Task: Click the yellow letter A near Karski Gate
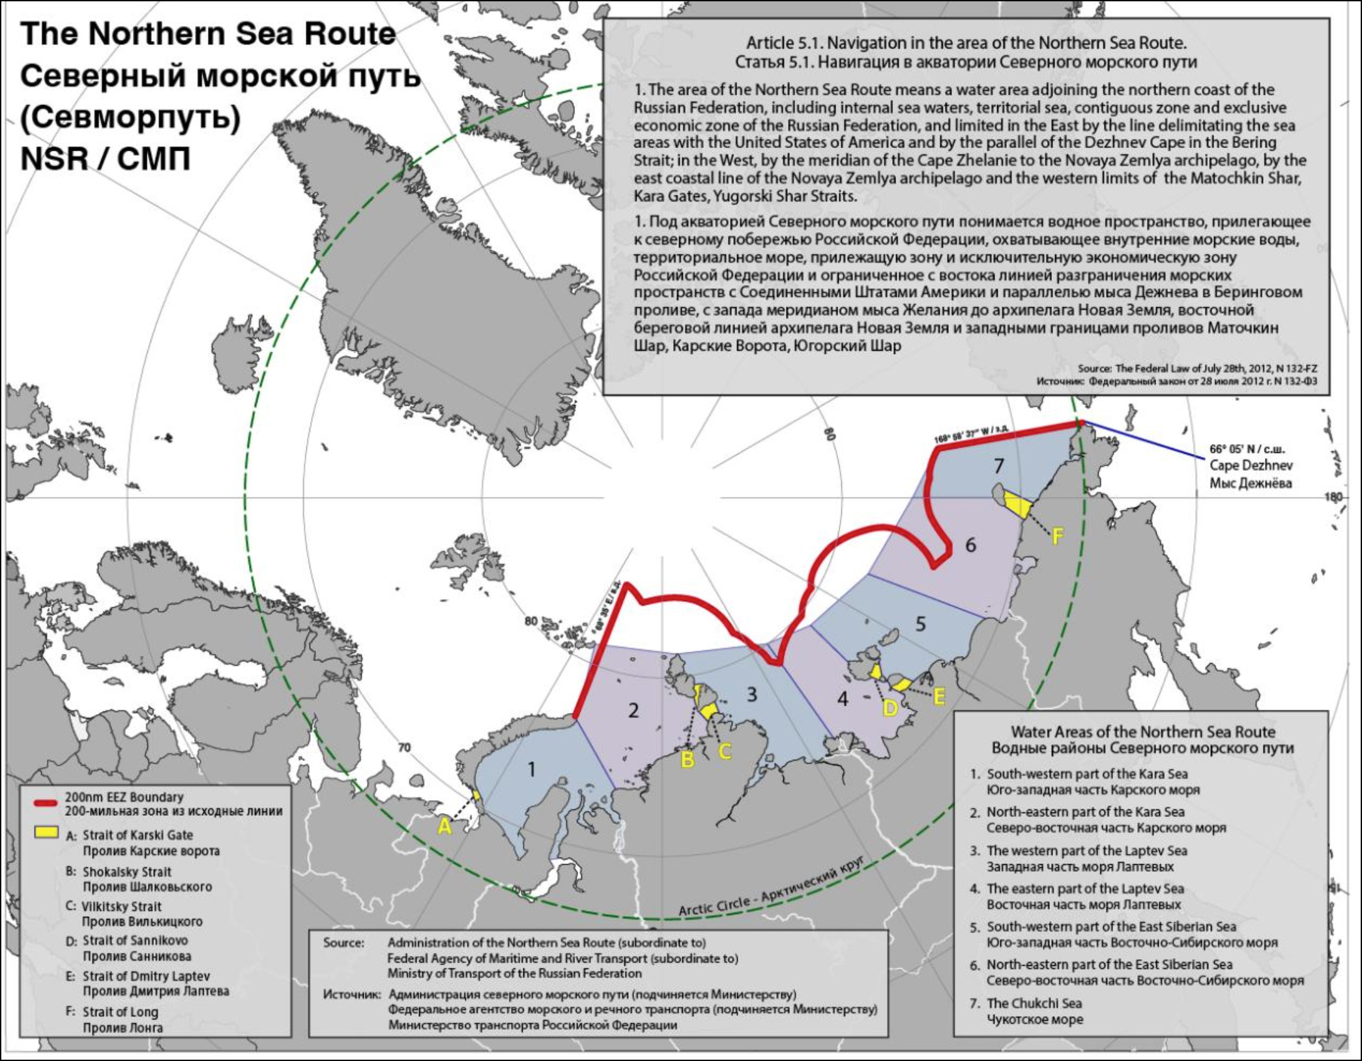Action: pyautogui.click(x=444, y=826)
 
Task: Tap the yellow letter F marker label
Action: pyautogui.click(x=1058, y=536)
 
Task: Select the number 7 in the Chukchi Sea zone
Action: pyautogui.click(x=999, y=466)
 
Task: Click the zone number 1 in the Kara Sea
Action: pyautogui.click(x=532, y=770)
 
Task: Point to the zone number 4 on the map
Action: pyautogui.click(x=843, y=699)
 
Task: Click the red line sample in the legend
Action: pyautogui.click(x=46, y=803)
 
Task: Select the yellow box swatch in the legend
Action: pyautogui.click(x=46, y=833)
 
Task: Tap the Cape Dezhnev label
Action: pyautogui.click(x=1251, y=466)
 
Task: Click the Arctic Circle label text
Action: pyautogui.click(x=771, y=886)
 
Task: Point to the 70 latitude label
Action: pyautogui.click(x=404, y=748)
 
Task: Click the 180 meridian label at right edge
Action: pyautogui.click(x=1333, y=497)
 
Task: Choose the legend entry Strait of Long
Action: pyautogui.click(x=121, y=1012)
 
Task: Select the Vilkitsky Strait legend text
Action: pyautogui.click(x=122, y=906)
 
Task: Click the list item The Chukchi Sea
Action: pyautogui.click(x=1034, y=1004)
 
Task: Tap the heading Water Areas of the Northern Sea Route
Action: pyautogui.click(x=1142, y=732)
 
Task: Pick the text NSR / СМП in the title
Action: pyautogui.click(x=106, y=158)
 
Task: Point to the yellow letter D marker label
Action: pyautogui.click(x=890, y=708)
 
